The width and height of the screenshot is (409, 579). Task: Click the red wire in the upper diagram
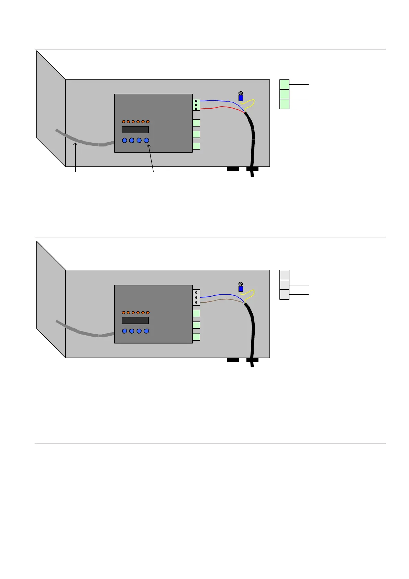click(222, 107)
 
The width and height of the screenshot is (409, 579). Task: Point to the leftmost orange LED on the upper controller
click(123, 122)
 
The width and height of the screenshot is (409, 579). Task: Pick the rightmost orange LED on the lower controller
click(148, 313)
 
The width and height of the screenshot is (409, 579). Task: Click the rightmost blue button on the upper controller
click(146, 140)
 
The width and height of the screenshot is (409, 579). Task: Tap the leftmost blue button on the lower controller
click(125, 331)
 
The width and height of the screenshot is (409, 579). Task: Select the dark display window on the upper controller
click(135, 130)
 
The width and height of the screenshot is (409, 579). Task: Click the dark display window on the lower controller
click(135, 320)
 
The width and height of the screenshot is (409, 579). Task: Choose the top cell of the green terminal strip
click(284, 84)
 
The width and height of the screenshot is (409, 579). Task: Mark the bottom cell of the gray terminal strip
click(284, 295)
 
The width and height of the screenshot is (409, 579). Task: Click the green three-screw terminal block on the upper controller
click(196, 105)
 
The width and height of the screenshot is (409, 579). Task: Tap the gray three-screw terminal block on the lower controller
click(196, 297)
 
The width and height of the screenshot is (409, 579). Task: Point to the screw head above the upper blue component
click(241, 93)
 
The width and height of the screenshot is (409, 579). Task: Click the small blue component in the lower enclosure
click(241, 289)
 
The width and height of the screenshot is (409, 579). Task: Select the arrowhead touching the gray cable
click(75, 144)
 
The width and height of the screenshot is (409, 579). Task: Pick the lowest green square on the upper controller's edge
click(196, 146)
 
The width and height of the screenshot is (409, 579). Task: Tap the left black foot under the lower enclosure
click(233, 360)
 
